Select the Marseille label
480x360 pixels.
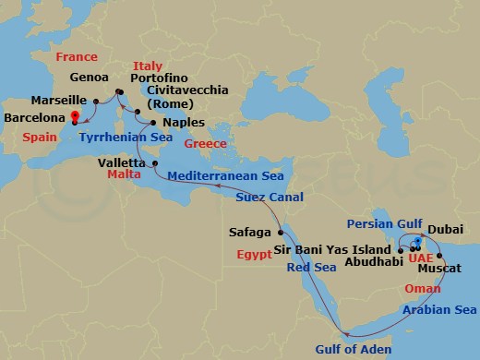[57, 99]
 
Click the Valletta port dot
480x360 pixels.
[155, 162]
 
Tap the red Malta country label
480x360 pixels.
[125, 173]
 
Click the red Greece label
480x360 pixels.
[206, 145]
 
